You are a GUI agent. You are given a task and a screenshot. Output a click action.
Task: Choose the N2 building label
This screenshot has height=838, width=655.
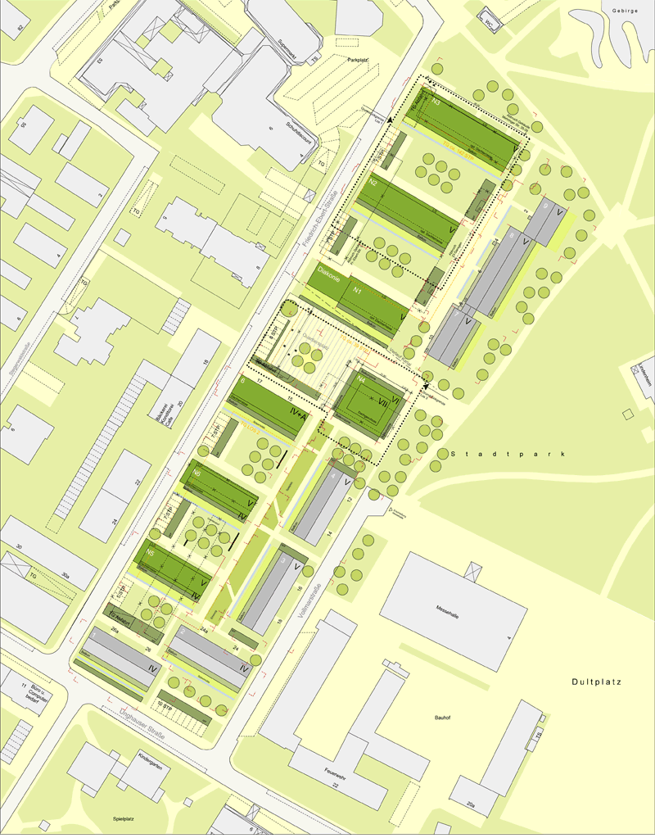pos(373,183)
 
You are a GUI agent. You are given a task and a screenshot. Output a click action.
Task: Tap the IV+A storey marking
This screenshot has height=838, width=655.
pos(299,416)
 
